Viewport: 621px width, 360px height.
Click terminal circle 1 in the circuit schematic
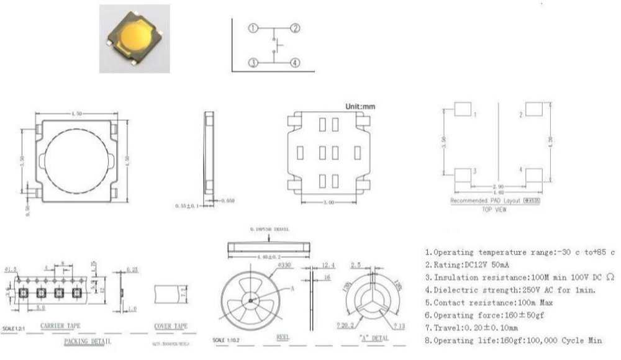point(253,28)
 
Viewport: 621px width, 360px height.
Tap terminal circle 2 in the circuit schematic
point(296,28)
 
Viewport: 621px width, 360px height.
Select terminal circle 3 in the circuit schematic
point(253,62)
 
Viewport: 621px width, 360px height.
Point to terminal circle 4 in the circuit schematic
point(296,62)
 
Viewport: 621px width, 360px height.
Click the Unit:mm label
point(360,107)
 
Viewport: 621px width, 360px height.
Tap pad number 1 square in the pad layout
point(462,109)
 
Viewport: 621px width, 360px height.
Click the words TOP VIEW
point(494,210)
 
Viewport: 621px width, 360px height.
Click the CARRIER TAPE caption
point(60,325)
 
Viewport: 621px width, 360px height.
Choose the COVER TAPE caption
point(171,325)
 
